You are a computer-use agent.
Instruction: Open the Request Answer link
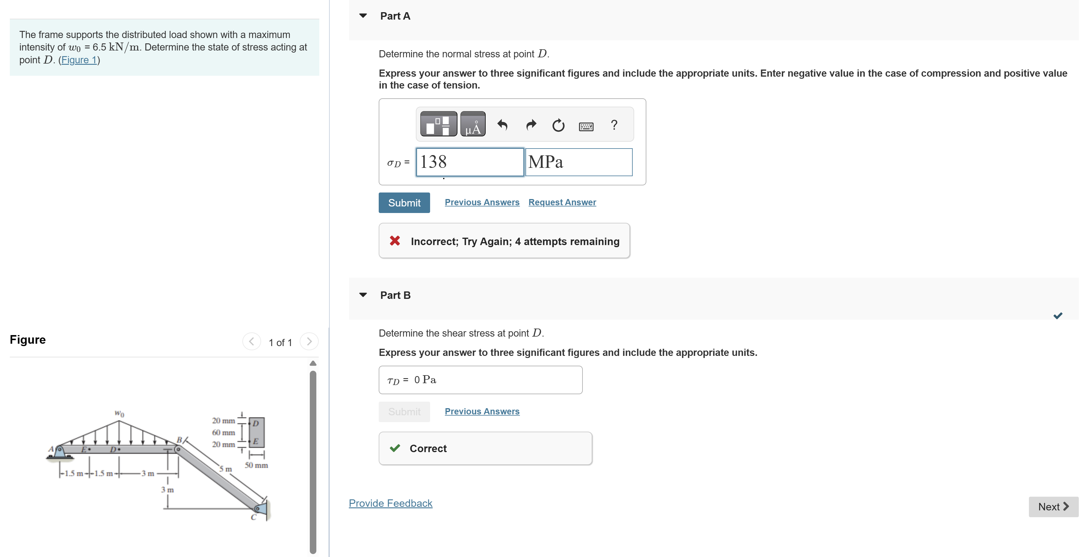click(x=562, y=202)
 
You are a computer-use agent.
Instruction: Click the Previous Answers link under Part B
click(x=482, y=411)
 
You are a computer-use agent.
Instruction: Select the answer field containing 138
click(x=470, y=162)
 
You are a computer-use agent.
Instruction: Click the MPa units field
click(x=579, y=162)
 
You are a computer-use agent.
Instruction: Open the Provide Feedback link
click(x=390, y=503)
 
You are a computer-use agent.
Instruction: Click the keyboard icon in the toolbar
click(x=586, y=126)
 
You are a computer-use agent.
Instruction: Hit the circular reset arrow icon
click(x=558, y=125)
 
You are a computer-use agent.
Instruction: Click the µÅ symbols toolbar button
click(x=473, y=124)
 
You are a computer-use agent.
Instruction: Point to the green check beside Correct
click(x=394, y=448)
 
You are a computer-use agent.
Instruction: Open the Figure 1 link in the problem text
click(x=79, y=60)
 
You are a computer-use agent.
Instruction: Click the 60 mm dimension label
click(x=223, y=433)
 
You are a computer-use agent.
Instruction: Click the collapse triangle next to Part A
click(x=363, y=16)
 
